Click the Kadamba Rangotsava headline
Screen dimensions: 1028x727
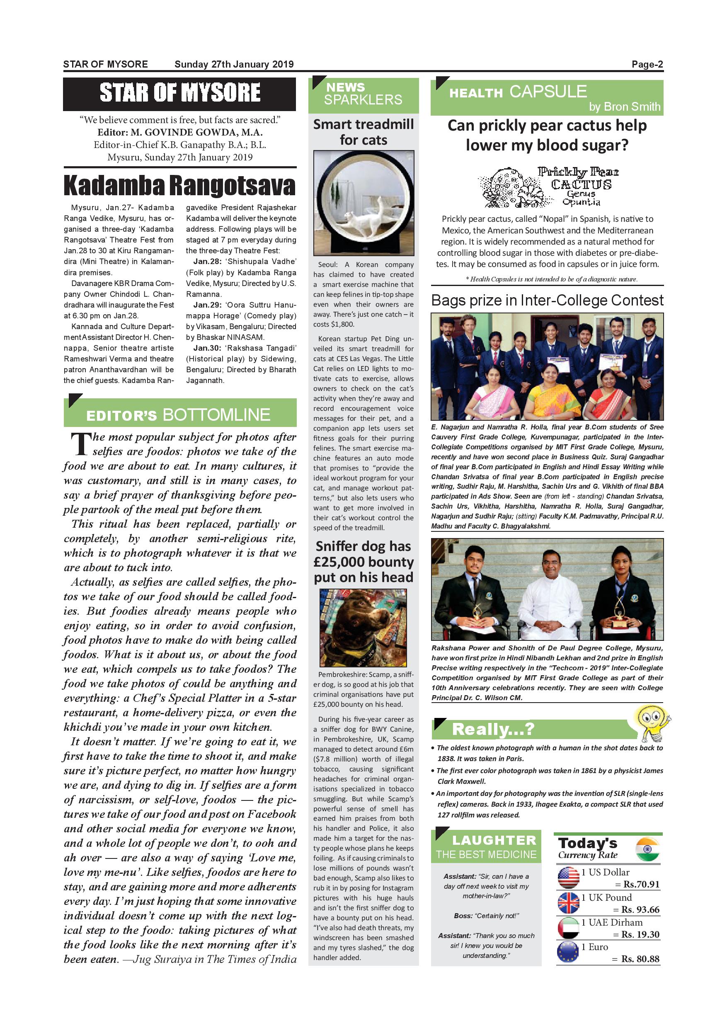point(179,186)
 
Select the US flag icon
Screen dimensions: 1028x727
point(569,878)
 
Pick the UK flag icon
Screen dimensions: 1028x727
point(569,903)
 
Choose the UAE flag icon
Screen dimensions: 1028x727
point(569,928)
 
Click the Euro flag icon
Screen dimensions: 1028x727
point(569,953)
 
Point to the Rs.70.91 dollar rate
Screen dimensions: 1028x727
point(641,884)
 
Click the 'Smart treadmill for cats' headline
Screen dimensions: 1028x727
point(363,132)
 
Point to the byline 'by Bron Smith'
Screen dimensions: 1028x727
point(625,107)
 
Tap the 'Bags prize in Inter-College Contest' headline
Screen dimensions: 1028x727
point(547,300)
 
